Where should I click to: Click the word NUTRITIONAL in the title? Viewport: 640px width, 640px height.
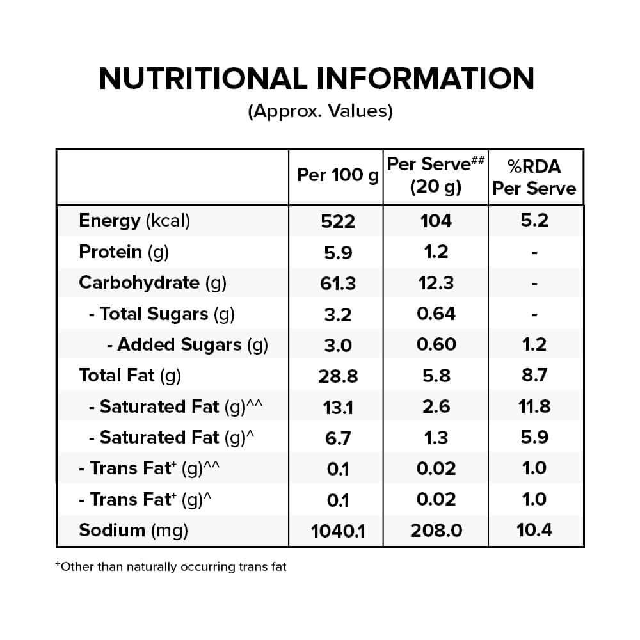203,78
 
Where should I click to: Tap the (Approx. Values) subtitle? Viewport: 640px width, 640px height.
321,111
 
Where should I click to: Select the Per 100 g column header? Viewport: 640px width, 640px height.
338,175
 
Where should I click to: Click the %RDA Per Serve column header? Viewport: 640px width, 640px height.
534,177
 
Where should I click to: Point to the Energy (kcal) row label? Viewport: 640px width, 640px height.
134,221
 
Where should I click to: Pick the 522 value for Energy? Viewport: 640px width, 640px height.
338,221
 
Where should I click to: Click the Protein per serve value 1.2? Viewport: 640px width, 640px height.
436,252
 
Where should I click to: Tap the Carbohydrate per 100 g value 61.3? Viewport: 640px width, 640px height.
338,284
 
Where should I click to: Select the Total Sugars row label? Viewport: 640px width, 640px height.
162,314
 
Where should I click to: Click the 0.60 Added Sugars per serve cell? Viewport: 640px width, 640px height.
436,344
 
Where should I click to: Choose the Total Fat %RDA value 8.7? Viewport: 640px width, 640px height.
534,375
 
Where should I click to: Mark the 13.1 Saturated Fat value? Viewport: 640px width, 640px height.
338,407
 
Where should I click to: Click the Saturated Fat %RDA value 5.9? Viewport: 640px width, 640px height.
534,437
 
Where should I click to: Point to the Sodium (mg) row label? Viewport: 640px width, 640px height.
134,531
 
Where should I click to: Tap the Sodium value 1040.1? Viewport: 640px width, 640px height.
338,531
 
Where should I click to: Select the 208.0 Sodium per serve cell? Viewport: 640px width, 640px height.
436,531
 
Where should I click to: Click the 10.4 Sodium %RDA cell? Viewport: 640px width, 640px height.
534,530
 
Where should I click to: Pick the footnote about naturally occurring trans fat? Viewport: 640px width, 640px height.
171,566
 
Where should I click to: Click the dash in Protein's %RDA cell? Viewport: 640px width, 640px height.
534,253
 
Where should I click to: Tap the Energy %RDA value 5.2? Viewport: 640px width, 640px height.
534,220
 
